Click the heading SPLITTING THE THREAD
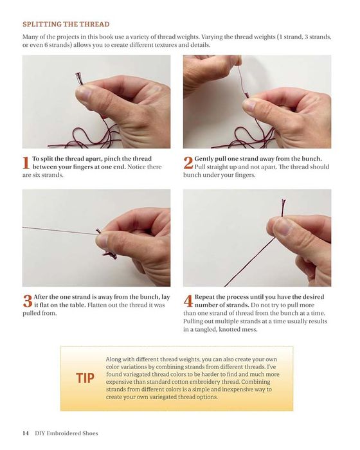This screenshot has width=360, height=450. pyautogui.click(x=66, y=24)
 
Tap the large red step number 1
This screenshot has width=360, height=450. pyautogui.click(x=26, y=163)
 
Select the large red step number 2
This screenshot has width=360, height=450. pyautogui.click(x=188, y=163)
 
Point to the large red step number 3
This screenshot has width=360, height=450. pyautogui.click(x=28, y=301)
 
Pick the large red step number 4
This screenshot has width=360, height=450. pyautogui.click(x=188, y=301)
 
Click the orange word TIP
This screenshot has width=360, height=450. pyautogui.click(x=85, y=378)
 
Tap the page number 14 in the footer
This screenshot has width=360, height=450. pyautogui.click(x=26, y=433)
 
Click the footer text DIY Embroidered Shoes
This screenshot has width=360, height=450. pyautogui.click(x=66, y=433)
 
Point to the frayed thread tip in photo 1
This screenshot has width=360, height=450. pyautogui.click(x=79, y=78)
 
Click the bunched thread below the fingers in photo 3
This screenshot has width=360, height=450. pyautogui.click(x=110, y=255)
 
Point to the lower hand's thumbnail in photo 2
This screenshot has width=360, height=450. pyautogui.click(x=249, y=105)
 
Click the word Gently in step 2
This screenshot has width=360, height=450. pyautogui.click(x=204, y=159)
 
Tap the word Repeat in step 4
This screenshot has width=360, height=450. pyautogui.click(x=205, y=297)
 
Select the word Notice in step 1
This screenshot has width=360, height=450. pyautogui.click(x=137, y=166)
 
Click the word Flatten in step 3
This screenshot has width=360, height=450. pyautogui.click(x=98, y=305)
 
